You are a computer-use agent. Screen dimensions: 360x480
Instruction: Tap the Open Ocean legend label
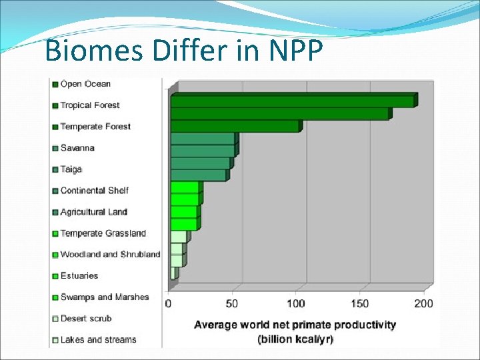click(85, 84)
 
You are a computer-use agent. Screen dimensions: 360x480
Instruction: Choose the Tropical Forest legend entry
click(90, 105)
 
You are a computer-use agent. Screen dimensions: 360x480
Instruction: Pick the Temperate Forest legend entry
click(95, 127)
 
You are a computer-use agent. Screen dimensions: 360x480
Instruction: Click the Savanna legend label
click(77, 148)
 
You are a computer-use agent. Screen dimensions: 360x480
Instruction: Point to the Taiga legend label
click(71, 169)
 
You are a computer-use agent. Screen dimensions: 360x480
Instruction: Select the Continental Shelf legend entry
click(94, 191)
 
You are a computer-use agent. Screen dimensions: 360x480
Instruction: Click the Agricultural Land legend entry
click(93, 212)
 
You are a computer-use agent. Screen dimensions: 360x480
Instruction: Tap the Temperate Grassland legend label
click(103, 233)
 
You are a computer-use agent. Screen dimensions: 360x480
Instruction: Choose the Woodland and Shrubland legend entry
click(110, 255)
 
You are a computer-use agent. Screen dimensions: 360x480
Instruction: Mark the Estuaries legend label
click(79, 276)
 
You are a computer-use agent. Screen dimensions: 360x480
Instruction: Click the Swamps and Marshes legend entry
click(105, 297)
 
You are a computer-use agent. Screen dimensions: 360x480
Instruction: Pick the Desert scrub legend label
click(86, 319)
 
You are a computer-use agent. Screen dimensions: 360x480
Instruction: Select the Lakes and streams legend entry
click(98, 340)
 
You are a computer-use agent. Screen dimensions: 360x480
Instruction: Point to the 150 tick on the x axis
click(360, 304)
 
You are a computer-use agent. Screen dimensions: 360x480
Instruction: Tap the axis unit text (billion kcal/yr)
click(295, 339)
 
